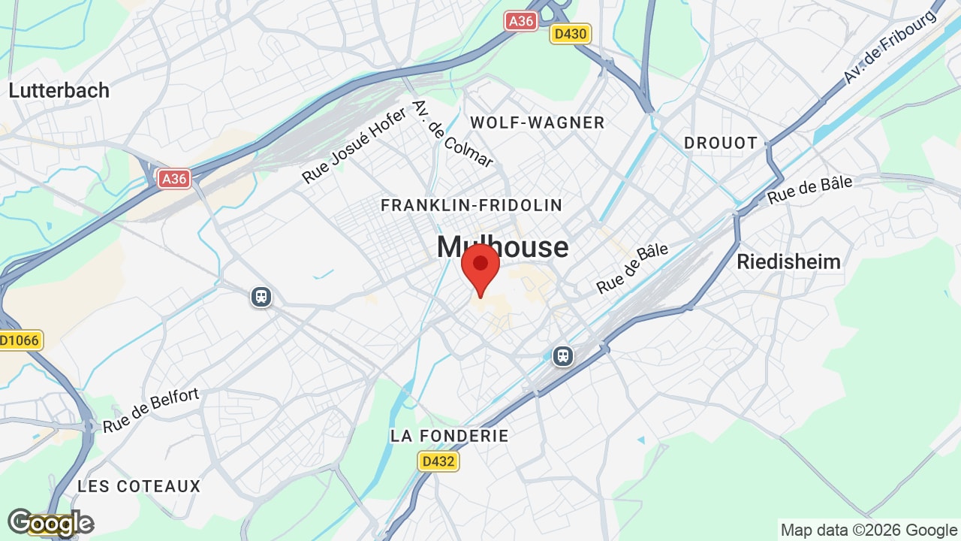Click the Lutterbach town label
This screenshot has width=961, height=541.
pyautogui.click(x=59, y=90)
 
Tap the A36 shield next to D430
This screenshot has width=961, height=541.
pyautogui.click(x=521, y=21)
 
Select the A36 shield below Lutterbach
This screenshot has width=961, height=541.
pyautogui.click(x=174, y=178)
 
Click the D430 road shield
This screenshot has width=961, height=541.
pyautogui.click(x=571, y=34)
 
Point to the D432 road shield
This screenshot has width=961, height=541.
pyautogui.click(x=438, y=461)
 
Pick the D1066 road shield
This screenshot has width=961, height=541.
pyautogui.click(x=20, y=340)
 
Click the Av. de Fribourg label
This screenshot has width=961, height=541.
pyautogui.click(x=891, y=47)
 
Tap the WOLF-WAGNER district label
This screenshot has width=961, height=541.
pyautogui.click(x=537, y=122)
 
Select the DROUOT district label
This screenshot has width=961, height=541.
pyautogui.click(x=721, y=143)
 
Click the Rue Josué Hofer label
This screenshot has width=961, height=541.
pyautogui.click(x=354, y=145)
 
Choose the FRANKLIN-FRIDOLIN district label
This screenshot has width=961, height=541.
pyautogui.click(x=471, y=205)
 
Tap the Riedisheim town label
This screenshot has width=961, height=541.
pyautogui.click(x=788, y=261)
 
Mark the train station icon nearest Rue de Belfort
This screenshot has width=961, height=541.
pyautogui.click(x=261, y=297)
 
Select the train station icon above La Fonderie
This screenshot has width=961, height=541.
pyautogui.click(x=563, y=356)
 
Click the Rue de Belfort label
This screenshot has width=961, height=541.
pyautogui.click(x=151, y=410)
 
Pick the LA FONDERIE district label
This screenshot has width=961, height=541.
pyautogui.click(x=450, y=436)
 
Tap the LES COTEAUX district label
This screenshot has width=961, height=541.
pyautogui.click(x=139, y=486)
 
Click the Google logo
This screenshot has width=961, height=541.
pyautogui.click(x=50, y=523)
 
